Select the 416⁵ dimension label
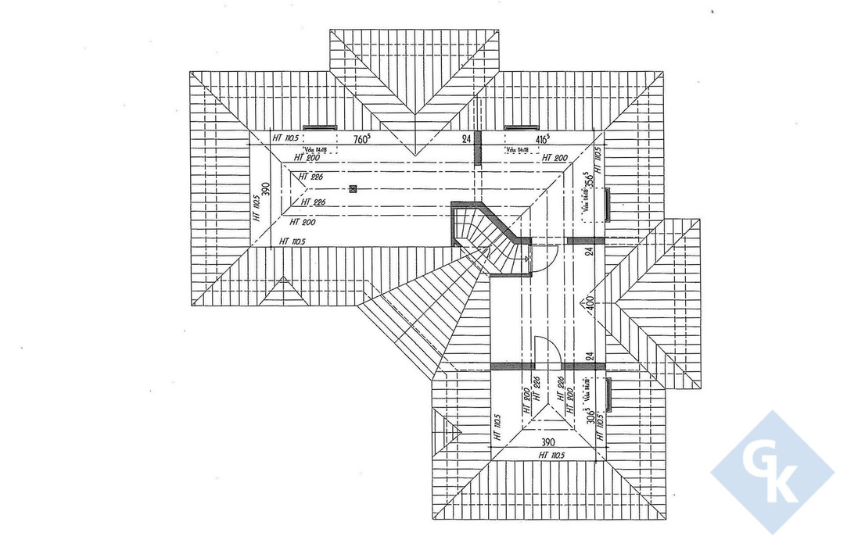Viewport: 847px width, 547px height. (537, 140)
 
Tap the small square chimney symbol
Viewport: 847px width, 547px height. (354, 188)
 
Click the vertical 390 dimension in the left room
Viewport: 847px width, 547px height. (265, 190)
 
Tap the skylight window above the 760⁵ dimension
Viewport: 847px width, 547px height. (318, 127)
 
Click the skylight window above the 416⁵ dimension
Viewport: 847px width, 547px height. (520, 127)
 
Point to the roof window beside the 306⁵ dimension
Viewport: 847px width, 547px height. (608, 393)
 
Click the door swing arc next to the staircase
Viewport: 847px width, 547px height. (544, 257)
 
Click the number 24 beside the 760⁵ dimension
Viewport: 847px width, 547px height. (466, 140)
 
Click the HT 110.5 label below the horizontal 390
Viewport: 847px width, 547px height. (551, 454)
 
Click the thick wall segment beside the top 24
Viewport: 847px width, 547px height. (479, 148)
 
